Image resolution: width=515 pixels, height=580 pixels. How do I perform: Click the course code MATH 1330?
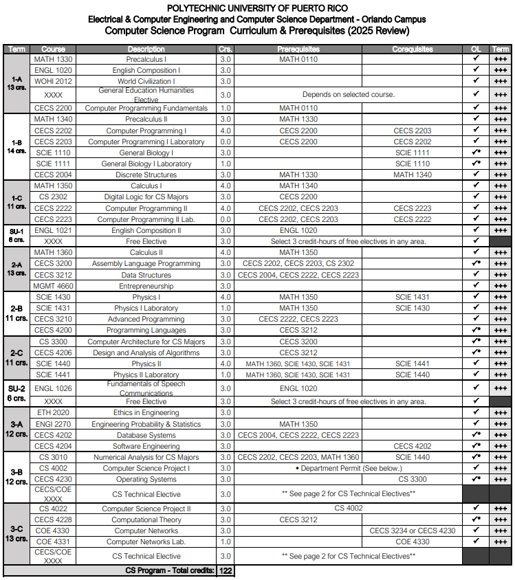(x=53, y=59)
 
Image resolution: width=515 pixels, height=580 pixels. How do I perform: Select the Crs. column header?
(x=225, y=49)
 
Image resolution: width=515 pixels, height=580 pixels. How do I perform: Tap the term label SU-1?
(x=16, y=232)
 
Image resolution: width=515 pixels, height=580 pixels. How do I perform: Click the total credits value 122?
(x=225, y=570)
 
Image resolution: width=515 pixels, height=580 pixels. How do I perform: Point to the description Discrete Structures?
(x=146, y=175)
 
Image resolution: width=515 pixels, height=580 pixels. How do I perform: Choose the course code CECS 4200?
(x=53, y=330)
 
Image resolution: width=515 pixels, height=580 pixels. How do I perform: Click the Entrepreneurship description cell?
(x=146, y=286)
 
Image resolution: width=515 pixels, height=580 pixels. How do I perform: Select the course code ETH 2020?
(x=53, y=412)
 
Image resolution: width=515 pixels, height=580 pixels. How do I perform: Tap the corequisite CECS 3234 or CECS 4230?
(x=413, y=531)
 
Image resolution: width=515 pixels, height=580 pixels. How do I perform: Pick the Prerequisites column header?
(x=298, y=49)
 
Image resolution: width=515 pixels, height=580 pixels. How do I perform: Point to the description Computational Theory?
(x=146, y=520)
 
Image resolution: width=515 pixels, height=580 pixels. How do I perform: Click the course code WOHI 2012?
(x=53, y=81)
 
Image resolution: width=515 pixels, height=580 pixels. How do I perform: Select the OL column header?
(x=475, y=49)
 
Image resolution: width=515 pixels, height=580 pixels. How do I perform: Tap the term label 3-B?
(x=16, y=473)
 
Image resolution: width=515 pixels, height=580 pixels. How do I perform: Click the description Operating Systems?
(x=146, y=479)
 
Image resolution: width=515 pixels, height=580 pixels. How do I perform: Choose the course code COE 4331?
(x=53, y=542)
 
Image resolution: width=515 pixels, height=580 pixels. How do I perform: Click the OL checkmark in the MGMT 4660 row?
(x=475, y=285)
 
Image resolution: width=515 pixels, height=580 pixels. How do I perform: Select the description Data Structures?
(x=146, y=275)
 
